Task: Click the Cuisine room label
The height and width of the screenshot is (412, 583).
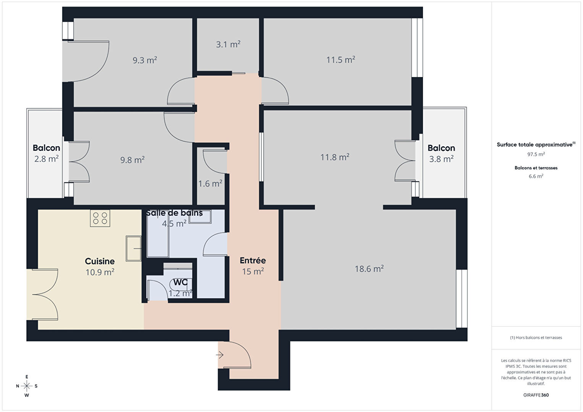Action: (100, 261)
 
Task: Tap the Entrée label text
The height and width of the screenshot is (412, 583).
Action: (253, 260)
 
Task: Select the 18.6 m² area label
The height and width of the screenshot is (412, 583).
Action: (369, 269)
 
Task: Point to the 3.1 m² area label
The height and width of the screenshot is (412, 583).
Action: (228, 44)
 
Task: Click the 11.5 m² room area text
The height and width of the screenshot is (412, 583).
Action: (341, 60)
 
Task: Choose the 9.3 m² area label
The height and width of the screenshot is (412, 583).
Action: (145, 60)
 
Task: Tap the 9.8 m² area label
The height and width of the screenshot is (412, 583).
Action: (133, 160)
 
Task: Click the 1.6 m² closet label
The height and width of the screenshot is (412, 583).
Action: (210, 184)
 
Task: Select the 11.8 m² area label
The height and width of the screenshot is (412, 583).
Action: (335, 157)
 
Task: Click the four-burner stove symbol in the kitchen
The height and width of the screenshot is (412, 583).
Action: (100, 218)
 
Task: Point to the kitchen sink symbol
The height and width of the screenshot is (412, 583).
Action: (134, 249)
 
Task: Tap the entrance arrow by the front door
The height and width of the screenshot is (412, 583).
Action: (220, 355)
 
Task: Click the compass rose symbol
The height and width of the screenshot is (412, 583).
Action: (26, 386)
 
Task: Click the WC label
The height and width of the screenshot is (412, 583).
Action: (180, 282)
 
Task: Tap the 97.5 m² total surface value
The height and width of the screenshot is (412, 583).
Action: (536, 154)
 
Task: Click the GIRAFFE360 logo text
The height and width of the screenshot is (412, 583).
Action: (536, 395)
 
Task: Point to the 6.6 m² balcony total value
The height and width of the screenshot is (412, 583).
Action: (536, 176)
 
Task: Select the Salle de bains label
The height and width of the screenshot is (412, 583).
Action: (174, 213)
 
